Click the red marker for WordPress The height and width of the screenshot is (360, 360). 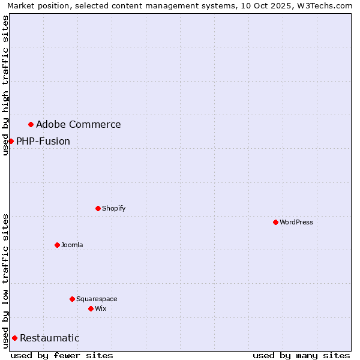[275, 222]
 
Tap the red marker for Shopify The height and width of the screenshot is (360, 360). [98, 208]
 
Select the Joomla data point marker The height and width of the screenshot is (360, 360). [57, 245]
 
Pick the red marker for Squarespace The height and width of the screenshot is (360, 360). [72, 299]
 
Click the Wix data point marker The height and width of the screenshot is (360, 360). [91, 308]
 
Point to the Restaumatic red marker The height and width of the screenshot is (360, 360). [14, 338]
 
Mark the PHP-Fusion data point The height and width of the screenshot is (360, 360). [11, 141]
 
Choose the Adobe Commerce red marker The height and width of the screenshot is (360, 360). [31, 124]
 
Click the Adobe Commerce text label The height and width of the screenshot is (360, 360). [78, 125]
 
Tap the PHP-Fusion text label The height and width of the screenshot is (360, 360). [43, 142]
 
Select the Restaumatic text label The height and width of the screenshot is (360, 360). [50, 338]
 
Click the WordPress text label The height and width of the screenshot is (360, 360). [296, 222]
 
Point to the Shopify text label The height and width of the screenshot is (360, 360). [114, 208]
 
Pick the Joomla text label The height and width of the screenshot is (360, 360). [72, 245]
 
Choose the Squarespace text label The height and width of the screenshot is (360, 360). [97, 299]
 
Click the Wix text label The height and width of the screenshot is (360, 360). [101, 308]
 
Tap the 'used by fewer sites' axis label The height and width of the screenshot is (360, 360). [62, 355]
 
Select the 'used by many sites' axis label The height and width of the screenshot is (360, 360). [301, 355]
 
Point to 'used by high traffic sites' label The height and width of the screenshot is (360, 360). [5, 85]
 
